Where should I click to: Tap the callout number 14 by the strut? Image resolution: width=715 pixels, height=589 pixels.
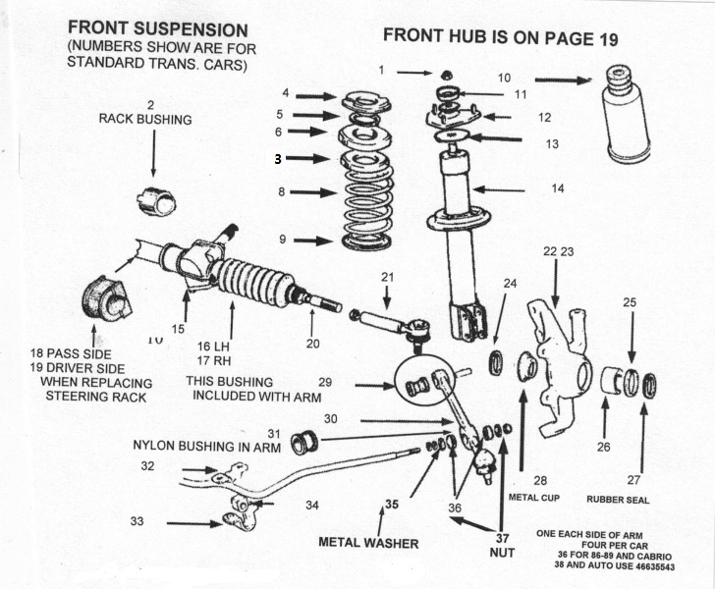coord(557,188)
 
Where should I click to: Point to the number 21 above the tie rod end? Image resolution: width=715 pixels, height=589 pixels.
coord(387,278)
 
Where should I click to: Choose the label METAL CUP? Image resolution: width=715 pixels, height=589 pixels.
coord(535,498)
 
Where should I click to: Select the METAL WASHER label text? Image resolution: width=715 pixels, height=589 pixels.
coord(368,542)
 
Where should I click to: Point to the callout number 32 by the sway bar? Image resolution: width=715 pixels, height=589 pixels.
coord(147,467)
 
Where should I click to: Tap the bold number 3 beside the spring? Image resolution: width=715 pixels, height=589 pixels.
coord(278,158)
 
